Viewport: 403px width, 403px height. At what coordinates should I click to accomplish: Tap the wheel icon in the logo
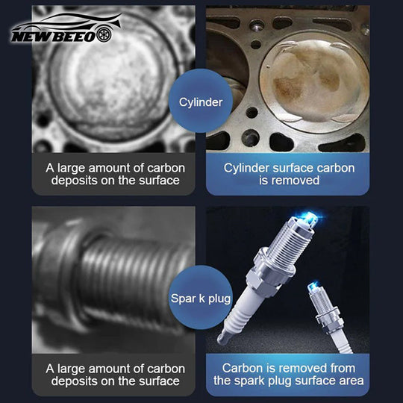coord(104,34)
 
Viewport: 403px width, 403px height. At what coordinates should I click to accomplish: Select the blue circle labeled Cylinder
coord(201,101)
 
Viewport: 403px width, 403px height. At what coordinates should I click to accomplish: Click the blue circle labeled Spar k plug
coord(201,297)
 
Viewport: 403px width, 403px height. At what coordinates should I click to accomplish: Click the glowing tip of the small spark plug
coord(313,287)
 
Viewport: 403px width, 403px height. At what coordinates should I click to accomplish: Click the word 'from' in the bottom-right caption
coord(343,369)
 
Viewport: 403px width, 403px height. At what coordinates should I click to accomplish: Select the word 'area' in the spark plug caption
coord(352,381)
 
